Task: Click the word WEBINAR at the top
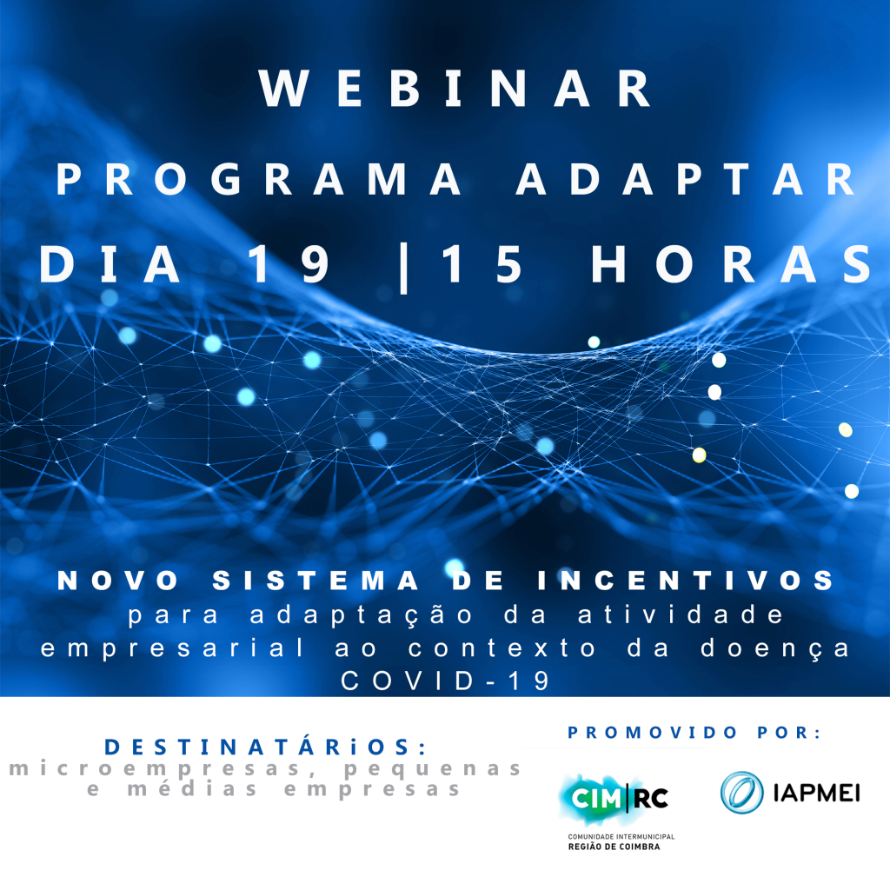454,88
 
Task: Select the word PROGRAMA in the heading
258,179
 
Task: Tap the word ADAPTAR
685,179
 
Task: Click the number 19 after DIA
288,264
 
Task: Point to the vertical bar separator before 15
403,268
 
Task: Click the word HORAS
732,264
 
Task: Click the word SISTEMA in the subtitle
315,580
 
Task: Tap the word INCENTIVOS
686,580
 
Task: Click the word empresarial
173,648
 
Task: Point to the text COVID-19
445,681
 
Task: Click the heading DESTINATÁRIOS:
265,747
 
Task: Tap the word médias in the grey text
192,789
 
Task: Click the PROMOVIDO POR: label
694,732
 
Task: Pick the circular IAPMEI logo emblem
742,792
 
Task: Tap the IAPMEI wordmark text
817,793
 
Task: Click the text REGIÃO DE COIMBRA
614,847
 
